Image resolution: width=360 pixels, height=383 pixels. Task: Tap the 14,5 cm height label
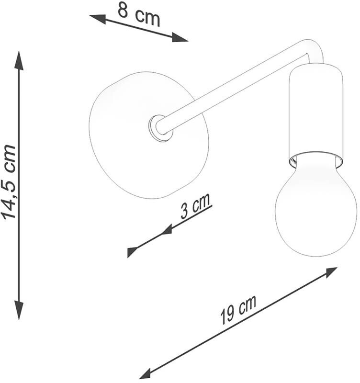point(9,182)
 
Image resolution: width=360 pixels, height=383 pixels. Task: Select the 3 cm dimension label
point(195,206)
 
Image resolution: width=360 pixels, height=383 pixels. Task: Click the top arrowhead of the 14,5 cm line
point(19,61)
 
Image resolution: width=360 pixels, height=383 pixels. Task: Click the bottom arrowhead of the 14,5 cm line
point(19,310)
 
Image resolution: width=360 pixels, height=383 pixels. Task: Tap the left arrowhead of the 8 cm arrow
point(98,19)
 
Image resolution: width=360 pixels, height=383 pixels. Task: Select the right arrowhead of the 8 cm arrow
point(180,37)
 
